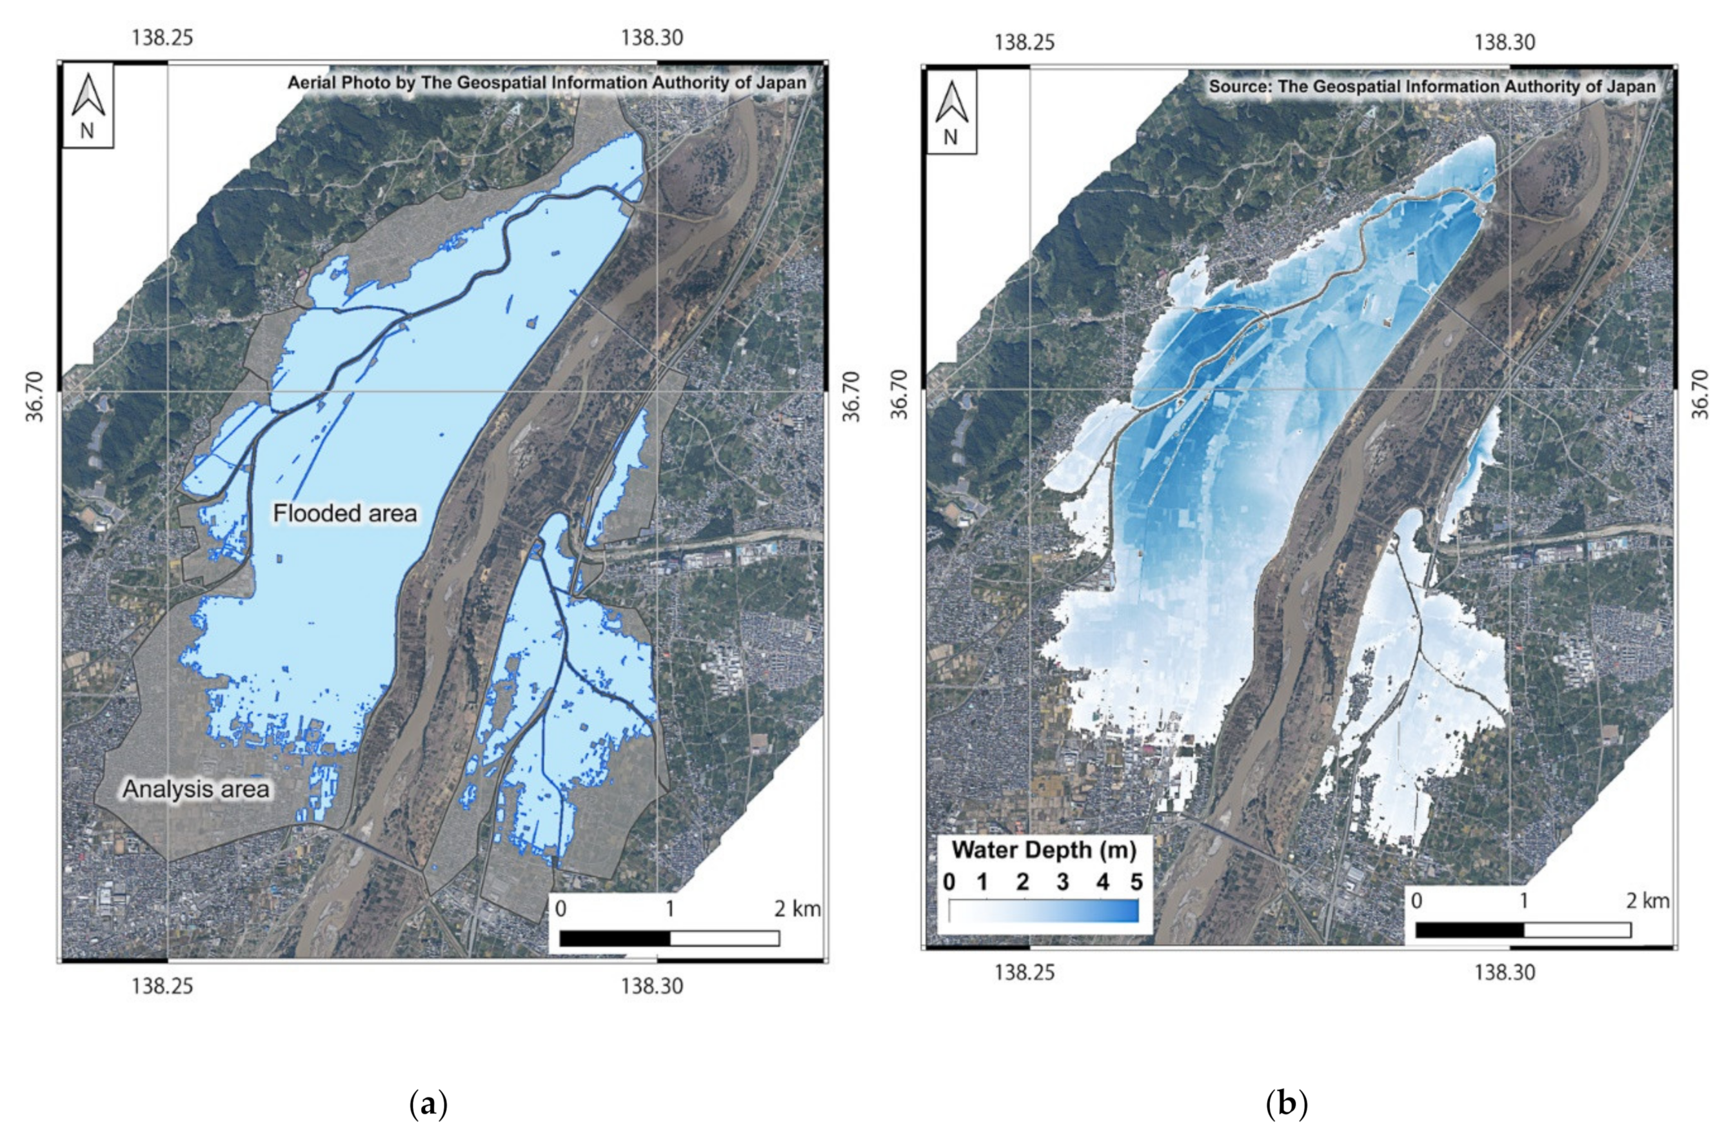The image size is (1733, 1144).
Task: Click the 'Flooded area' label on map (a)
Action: click(344, 513)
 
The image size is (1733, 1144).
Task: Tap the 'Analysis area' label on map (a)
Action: click(195, 789)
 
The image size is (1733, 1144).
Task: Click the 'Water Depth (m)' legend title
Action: click(1044, 850)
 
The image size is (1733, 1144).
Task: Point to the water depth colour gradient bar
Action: click(1044, 911)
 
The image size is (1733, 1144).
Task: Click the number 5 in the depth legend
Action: click(1136, 882)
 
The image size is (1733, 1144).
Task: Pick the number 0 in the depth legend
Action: click(949, 882)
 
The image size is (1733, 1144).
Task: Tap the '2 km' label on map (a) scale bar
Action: click(797, 909)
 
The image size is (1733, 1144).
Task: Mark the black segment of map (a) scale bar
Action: click(615, 938)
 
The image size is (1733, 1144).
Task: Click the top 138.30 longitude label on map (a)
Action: click(651, 37)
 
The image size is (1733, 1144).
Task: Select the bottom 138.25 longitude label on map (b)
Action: click(1024, 972)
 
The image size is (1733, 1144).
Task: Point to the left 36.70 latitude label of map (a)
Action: click(35, 396)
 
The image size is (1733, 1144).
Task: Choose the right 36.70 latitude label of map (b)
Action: click(1699, 394)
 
